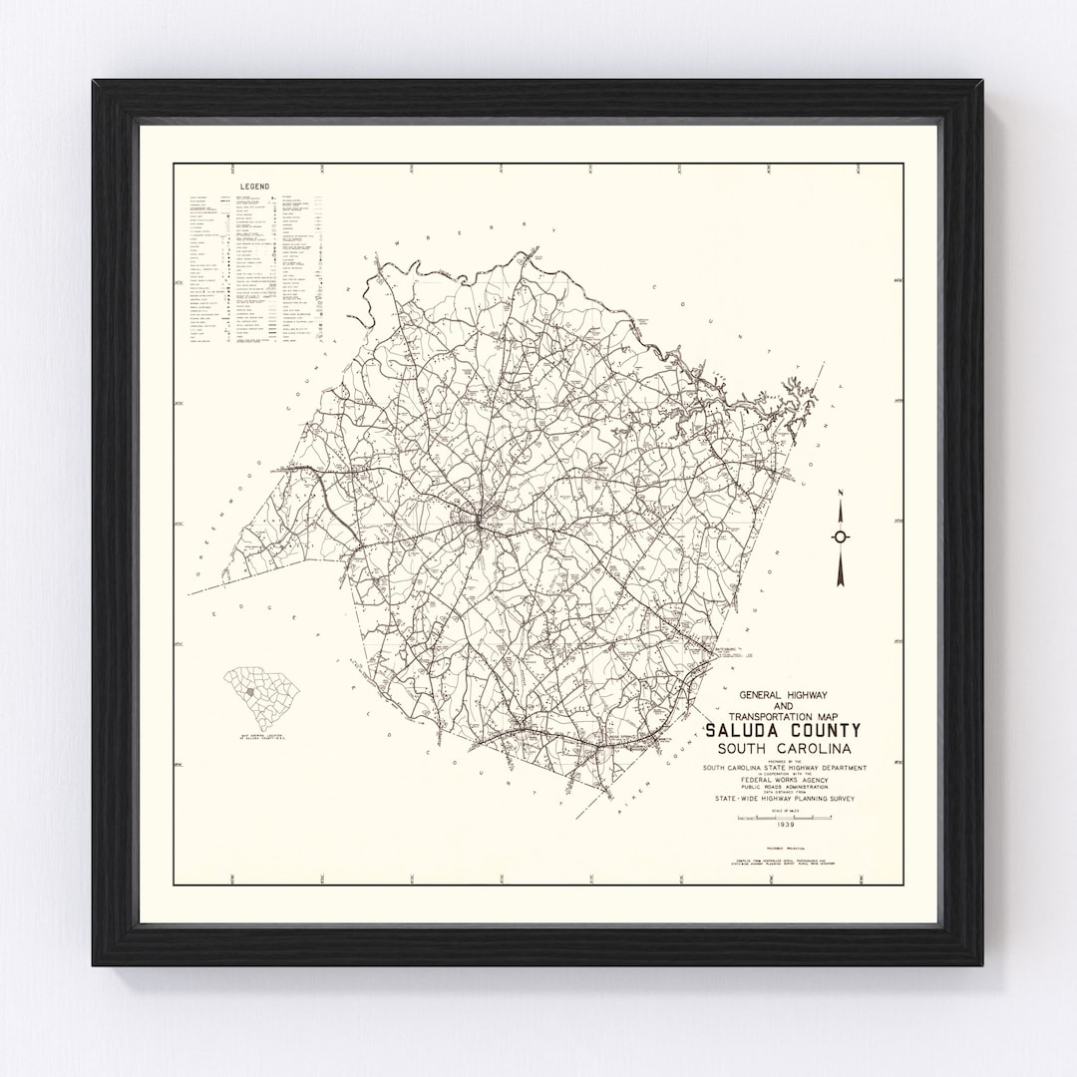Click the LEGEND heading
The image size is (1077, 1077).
(x=255, y=186)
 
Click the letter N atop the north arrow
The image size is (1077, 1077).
(x=841, y=493)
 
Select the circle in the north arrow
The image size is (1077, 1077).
(x=841, y=537)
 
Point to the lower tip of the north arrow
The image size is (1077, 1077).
(x=841, y=582)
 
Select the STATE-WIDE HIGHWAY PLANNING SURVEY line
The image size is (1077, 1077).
(x=783, y=799)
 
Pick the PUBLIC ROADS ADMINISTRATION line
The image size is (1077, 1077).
(x=783, y=786)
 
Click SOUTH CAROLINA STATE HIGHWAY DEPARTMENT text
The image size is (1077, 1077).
(x=783, y=767)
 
